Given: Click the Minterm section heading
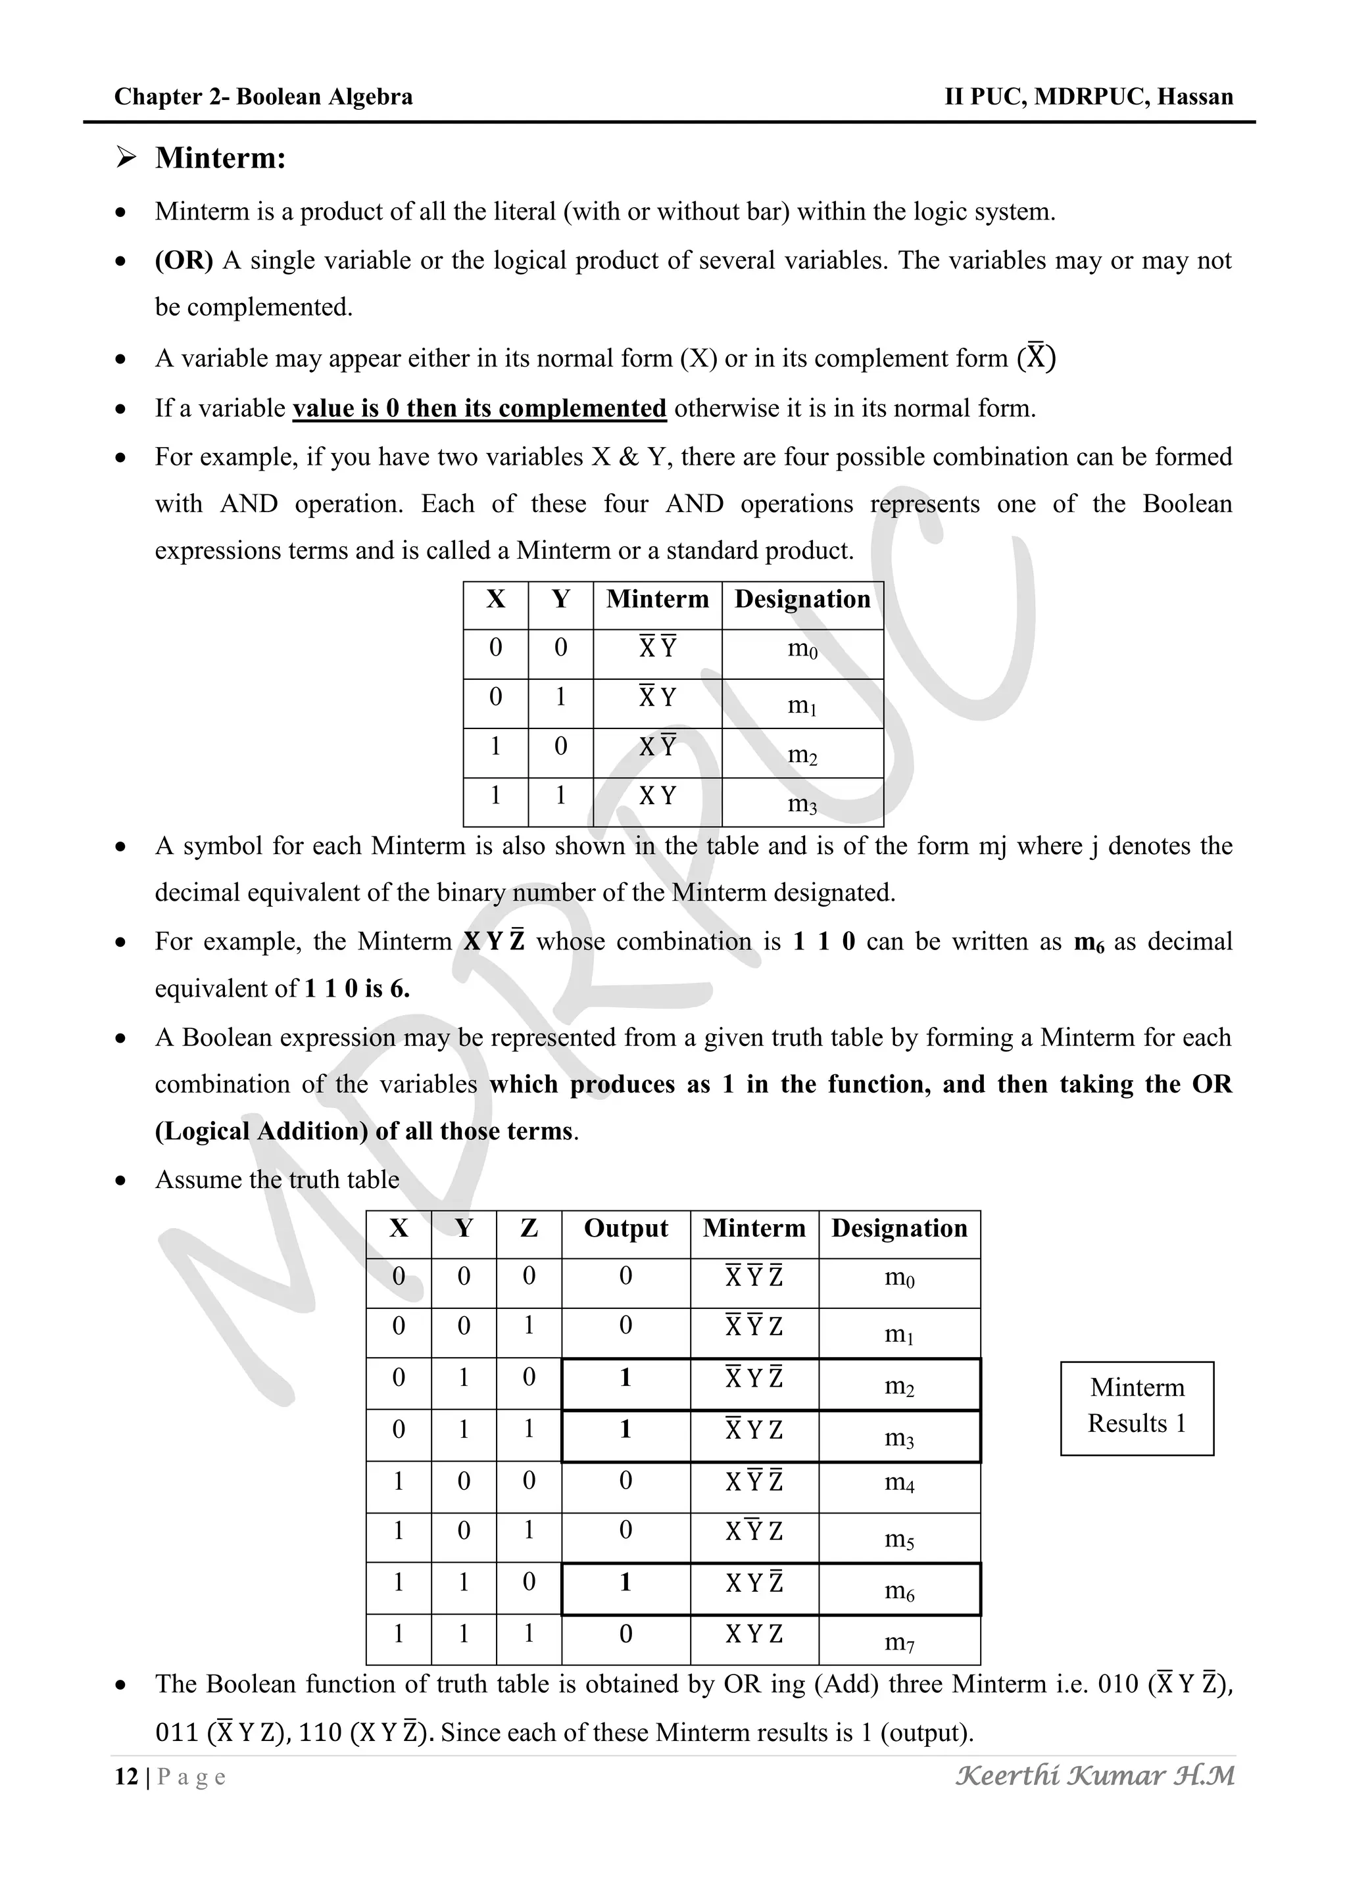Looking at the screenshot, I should (220, 158).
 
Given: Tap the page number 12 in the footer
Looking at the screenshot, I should (126, 1776).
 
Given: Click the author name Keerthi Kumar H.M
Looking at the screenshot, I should (1095, 1775).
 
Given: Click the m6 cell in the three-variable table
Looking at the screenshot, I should (899, 1590).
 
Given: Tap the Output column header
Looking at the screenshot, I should (625, 1228).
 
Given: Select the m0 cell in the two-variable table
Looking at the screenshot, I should (802, 650).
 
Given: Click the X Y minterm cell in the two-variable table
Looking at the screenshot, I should (657, 796).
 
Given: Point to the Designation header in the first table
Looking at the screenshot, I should (802, 600).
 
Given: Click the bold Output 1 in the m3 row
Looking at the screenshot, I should (625, 1429).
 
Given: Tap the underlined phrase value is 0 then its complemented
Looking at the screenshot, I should (479, 408).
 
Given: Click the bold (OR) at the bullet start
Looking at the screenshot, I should (184, 260).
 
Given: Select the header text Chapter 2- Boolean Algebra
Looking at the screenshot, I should (263, 97).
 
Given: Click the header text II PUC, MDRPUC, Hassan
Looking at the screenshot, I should (1089, 97).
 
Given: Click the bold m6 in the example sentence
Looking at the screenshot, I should (1089, 942).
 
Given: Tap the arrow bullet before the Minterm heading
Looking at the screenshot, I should (126, 156).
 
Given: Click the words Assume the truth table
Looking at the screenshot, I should (277, 1179).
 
